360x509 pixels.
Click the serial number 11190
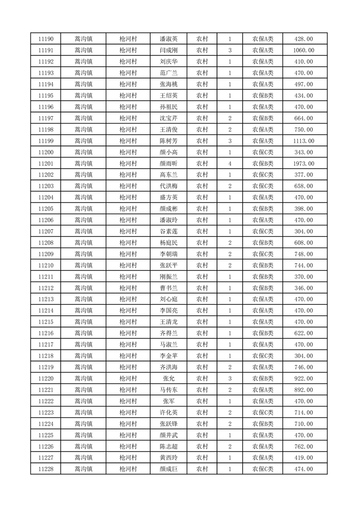pos(46,39)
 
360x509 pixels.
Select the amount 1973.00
pos(304,163)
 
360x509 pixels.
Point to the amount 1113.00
pos(304,141)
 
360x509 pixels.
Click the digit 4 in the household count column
pos(230,163)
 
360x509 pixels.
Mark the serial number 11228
pos(46,469)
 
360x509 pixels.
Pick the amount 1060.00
pos(304,50)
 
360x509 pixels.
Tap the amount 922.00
pos(304,378)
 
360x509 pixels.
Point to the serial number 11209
pos(46,254)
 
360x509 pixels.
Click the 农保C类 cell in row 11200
pos(263,152)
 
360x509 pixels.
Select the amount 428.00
pos(304,39)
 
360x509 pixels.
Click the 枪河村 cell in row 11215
pos(128,322)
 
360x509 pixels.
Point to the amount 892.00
pos(304,390)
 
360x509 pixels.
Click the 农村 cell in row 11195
pos(202,96)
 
